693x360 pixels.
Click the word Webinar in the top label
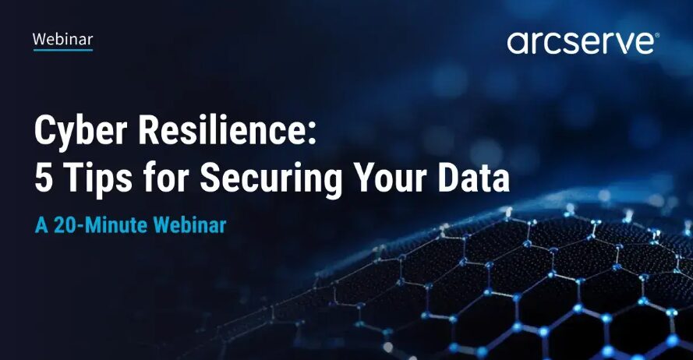[x=63, y=39]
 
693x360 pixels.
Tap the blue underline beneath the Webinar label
[x=63, y=50]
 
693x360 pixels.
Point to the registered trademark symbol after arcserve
[x=657, y=35]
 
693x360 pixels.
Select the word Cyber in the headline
[x=81, y=132]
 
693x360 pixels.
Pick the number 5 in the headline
[x=44, y=178]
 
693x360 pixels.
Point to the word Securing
[x=270, y=180]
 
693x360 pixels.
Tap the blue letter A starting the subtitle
[x=41, y=225]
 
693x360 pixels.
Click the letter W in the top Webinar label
[x=39, y=39]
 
